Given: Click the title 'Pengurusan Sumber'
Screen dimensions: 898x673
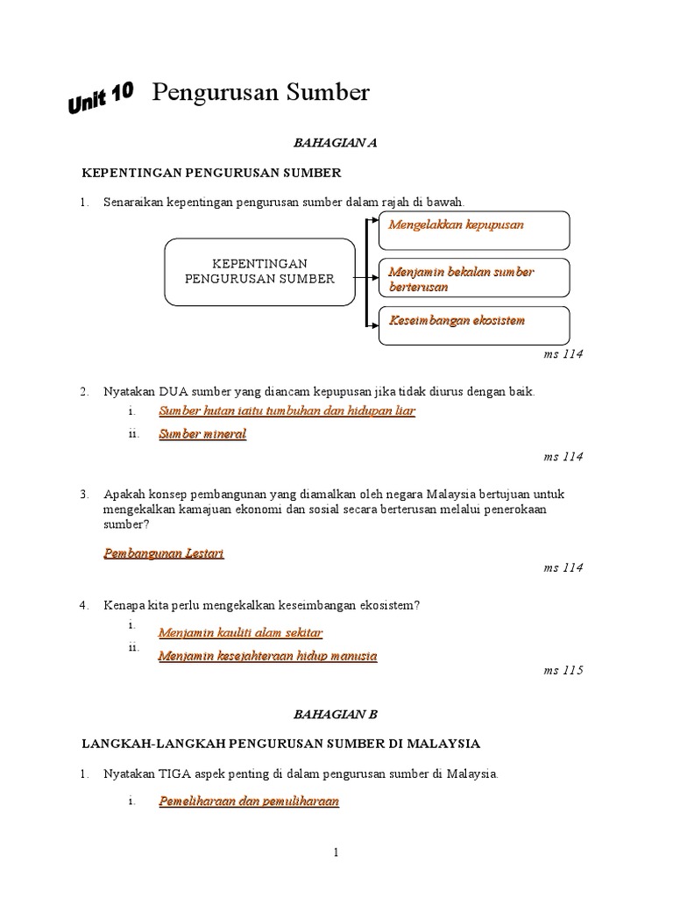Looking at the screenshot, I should [x=261, y=93].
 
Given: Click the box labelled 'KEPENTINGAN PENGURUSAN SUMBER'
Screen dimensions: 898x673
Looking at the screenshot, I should [x=259, y=271].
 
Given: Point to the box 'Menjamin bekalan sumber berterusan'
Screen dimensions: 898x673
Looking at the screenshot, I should [x=473, y=279].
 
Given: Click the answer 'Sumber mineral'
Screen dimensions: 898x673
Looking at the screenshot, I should [x=202, y=434].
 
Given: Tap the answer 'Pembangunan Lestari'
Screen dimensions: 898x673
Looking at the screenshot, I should [x=164, y=553].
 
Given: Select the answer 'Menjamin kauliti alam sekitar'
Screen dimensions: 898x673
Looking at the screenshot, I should [x=240, y=632].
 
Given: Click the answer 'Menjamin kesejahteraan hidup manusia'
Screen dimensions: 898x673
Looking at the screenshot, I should [x=267, y=655].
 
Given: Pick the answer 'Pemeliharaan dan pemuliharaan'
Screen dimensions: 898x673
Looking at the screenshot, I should [x=249, y=801].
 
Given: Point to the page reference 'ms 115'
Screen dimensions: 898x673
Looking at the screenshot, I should [x=563, y=671].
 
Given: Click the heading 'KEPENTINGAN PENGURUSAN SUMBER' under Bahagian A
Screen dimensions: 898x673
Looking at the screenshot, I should [x=210, y=173].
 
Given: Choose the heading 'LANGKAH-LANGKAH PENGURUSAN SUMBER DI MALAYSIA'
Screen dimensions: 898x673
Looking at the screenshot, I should [x=281, y=744].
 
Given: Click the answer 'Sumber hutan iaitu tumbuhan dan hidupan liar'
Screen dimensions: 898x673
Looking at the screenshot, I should [x=287, y=411].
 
